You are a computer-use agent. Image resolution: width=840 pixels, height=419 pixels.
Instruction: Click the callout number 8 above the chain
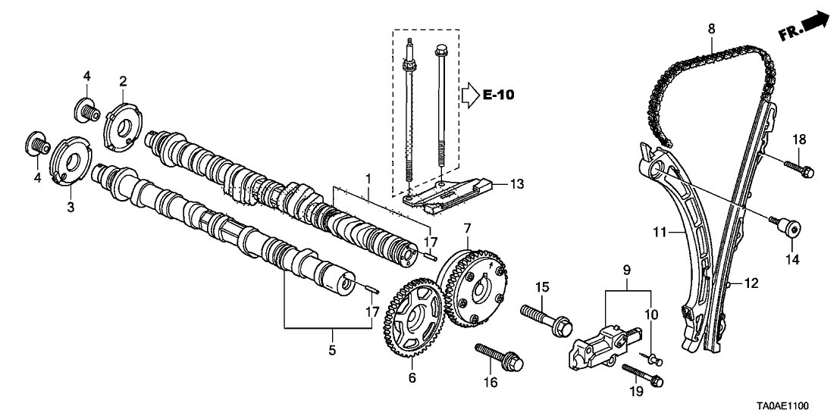point(711,28)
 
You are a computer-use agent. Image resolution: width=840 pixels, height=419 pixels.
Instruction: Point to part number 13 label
point(517,183)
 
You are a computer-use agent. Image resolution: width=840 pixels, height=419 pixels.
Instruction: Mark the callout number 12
point(751,283)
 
